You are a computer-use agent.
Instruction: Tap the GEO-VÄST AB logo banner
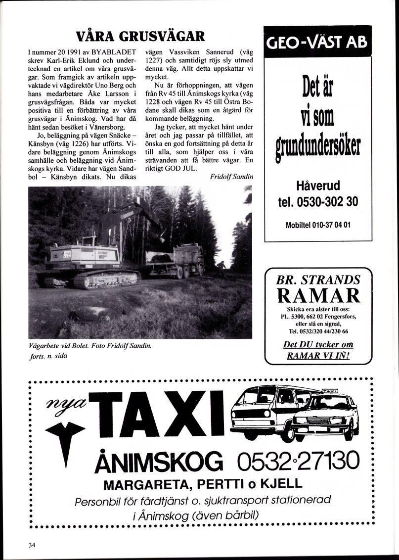pyautogui.click(x=317, y=42)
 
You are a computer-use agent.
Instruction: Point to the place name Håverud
pyautogui.click(x=317, y=187)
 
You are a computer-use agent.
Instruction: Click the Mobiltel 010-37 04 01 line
pyautogui.click(x=317, y=225)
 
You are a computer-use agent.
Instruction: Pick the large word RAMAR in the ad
pyautogui.click(x=318, y=295)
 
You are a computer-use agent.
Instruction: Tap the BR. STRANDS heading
pyautogui.click(x=318, y=280)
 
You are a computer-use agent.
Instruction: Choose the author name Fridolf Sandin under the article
pyautogui.click(x=231, y=177)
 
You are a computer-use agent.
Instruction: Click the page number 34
pyautogui.click(x=32, y=545)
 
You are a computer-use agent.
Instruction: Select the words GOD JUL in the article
pyautogui.click(x=182, y=168)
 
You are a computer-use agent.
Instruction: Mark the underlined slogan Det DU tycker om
pyautogui.click(x=318, y=345)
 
